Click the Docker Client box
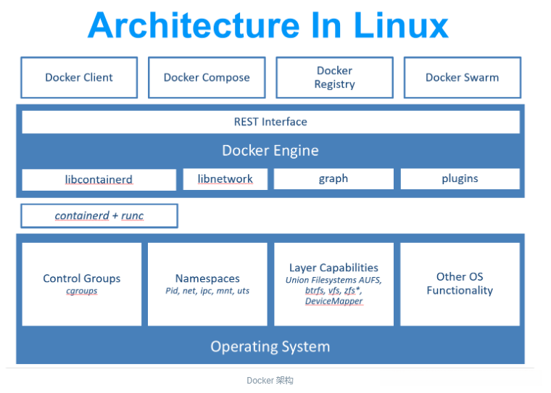[x=79, y=78]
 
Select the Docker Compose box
[x=207, y=78]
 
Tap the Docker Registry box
[x=334, y=78]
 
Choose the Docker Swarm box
[x=462, y=78]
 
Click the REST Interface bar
[x=270, y=122]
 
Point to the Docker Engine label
[x=270, y=151]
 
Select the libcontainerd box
[x=99, y=179]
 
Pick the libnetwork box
[x=225, y=178]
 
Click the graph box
[x=333, y=178]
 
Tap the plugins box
[x=460, y=178]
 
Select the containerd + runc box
[x=99, y=216]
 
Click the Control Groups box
[x=82, y=284]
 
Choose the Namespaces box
[x=207, y=284]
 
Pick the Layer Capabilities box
[x=333, y=284]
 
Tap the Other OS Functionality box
[x=460, y=284]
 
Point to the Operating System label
[x=270, y=347]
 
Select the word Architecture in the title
[x=193, y=25]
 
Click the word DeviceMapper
[x=333, y=301]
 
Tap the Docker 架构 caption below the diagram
[x=270, y=381]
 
